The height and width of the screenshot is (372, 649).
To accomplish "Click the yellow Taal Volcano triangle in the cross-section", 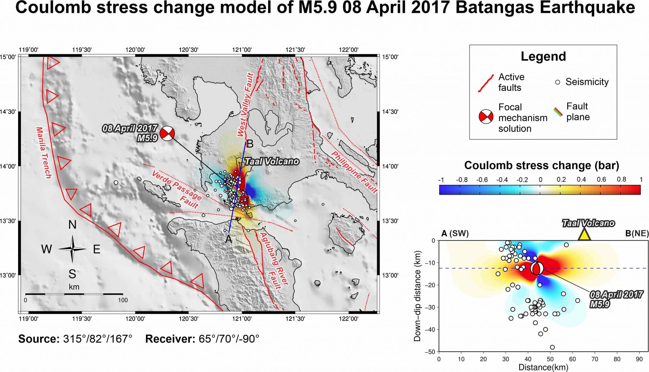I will [584, 235].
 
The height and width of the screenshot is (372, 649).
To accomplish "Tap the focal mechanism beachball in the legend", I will [486, 117].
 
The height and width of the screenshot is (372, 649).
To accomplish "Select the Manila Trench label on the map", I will [43, 153].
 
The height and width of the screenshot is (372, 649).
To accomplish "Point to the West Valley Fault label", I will [245, 104].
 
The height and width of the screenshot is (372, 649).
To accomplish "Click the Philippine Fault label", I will [354, 172].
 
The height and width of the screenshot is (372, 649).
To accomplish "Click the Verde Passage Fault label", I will [177, 189].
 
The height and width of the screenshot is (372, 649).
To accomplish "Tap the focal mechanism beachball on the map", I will [167, 133].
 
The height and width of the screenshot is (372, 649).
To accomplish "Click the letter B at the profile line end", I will [250, 144].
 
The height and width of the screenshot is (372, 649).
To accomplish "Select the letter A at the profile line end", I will [228, 240].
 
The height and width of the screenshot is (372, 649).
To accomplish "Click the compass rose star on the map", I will [72, 249].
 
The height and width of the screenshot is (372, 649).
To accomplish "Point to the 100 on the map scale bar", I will [123, 300].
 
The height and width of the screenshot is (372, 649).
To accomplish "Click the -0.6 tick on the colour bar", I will [482, 180].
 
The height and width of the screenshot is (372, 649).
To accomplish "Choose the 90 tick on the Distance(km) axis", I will [639, 359].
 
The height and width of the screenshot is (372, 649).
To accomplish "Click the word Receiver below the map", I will [170, 339].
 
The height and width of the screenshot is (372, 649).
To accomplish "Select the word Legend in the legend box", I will [543, 56].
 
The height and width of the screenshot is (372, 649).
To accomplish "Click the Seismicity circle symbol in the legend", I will [557, 82].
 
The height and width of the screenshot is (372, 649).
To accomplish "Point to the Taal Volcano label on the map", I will [272, 161].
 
